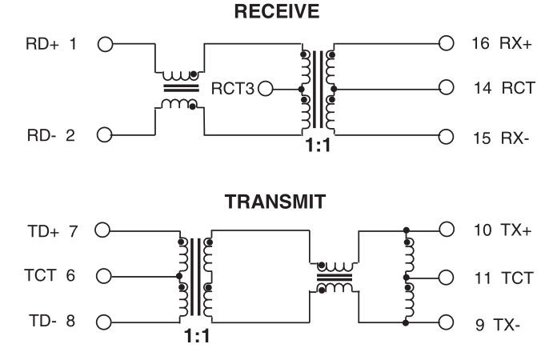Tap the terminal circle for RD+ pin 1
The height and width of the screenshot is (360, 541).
pyautogui.click(x=103, y=43)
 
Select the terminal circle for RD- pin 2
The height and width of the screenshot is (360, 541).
pyautogui.click(x=103, y=135)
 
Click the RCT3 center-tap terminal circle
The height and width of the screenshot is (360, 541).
pyautogui.click(x=266, y=89)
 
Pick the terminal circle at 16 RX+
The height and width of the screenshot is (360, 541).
pyautogui.click(x=447, y=43)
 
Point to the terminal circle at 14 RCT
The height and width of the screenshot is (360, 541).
pyautogui.click(x=447, y=89)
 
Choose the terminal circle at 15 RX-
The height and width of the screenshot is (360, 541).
pyautogui.click(x=447, y=135)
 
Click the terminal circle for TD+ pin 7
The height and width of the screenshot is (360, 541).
pyautogui.click(x=102, y=231)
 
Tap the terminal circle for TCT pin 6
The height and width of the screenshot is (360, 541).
pyautogui.click(x=102, y=277)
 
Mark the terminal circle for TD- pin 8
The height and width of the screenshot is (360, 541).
pyautogui.click(x=102, y=323)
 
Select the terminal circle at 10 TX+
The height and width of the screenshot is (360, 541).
pyautogui.click(x=447, y=231)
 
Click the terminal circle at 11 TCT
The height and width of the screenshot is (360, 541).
pyautogui.click(x=447, y=277)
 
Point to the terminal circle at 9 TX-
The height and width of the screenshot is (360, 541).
pyautogui.click(x=447, y=323)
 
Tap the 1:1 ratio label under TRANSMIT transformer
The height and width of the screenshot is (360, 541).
pyautogui.click(x=194, y=337)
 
